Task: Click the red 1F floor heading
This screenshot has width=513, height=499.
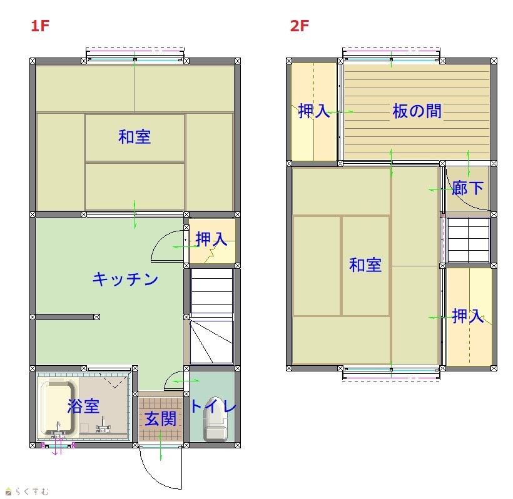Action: (40, 26)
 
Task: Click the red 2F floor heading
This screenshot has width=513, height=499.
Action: (300, 26)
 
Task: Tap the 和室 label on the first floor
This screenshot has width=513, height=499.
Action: (135, 137)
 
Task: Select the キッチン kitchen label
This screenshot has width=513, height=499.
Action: (125, 279)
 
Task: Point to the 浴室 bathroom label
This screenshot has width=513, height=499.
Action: (83, 406)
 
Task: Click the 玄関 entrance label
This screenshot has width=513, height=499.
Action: (161, 419)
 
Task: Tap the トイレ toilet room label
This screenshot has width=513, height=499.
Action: (213, 406)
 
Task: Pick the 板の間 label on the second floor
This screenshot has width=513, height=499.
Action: (417, 111)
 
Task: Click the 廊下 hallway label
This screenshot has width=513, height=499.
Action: (467, 188)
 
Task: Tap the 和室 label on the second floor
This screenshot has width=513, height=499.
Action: (365, 265)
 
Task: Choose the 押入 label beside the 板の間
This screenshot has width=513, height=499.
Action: (314, 111)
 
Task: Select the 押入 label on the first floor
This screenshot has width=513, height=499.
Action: (211, 239)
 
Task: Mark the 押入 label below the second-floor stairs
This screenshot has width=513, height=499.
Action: (468, 316)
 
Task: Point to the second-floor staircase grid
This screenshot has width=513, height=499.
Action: (468, 239)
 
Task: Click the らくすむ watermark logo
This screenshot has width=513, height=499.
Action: (27, 491)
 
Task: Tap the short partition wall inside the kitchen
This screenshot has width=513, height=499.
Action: (65, 317)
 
